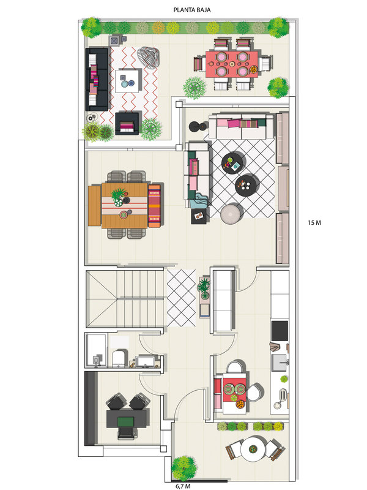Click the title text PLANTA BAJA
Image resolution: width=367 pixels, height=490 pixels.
coord(192,10)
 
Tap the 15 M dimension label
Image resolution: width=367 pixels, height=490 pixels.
coord(314,223)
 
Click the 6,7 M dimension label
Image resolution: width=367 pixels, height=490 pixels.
coord(183,486)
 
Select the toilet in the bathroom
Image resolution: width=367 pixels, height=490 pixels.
coord(120,358)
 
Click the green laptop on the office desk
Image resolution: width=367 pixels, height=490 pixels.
coord(126,421)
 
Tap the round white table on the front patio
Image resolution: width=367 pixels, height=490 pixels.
coord(253,449)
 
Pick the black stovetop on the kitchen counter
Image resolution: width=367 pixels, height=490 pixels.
coord(280,331)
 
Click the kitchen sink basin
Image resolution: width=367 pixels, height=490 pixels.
coord(280,362)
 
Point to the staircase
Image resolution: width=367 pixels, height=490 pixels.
coord(125,299)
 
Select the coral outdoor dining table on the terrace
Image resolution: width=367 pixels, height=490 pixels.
coord(232,64)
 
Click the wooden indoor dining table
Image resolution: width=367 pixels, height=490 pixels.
coord(125,206)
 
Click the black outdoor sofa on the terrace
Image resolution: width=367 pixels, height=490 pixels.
coord(97,80)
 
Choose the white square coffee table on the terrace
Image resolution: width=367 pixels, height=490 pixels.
coord(127,81)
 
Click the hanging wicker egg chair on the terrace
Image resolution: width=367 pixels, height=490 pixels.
coord(149,57)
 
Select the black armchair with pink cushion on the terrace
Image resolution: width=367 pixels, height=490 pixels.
coord(127,124)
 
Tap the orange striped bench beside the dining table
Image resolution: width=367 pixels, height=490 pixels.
coord(155,206)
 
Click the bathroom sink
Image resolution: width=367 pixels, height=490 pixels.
coord(146,361)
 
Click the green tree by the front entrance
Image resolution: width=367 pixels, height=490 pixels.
coord(184,468)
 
